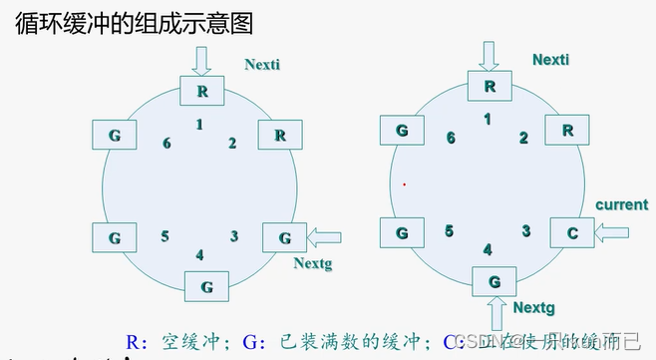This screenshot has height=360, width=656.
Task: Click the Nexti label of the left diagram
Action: [263, 65]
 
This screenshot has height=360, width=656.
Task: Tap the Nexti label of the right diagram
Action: [550, 60]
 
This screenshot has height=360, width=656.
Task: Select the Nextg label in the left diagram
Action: [312, 264]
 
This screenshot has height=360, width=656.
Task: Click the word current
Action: [621, 204]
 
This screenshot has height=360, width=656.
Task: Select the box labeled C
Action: [572, 233]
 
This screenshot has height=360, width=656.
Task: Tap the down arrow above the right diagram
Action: [489, 54]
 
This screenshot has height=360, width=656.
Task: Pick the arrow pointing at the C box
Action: [612, 233]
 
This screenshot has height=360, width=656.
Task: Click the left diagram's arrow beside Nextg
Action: [324, 237]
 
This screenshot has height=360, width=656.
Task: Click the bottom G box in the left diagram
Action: [206, 286]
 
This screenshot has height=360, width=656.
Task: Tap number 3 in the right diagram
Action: [524, 230]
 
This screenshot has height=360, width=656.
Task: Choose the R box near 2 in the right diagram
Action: [567, 131]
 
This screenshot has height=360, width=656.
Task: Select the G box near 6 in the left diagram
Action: [114, 134]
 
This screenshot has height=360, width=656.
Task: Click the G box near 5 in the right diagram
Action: [403, 233]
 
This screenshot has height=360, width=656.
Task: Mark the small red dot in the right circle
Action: [404, 183]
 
